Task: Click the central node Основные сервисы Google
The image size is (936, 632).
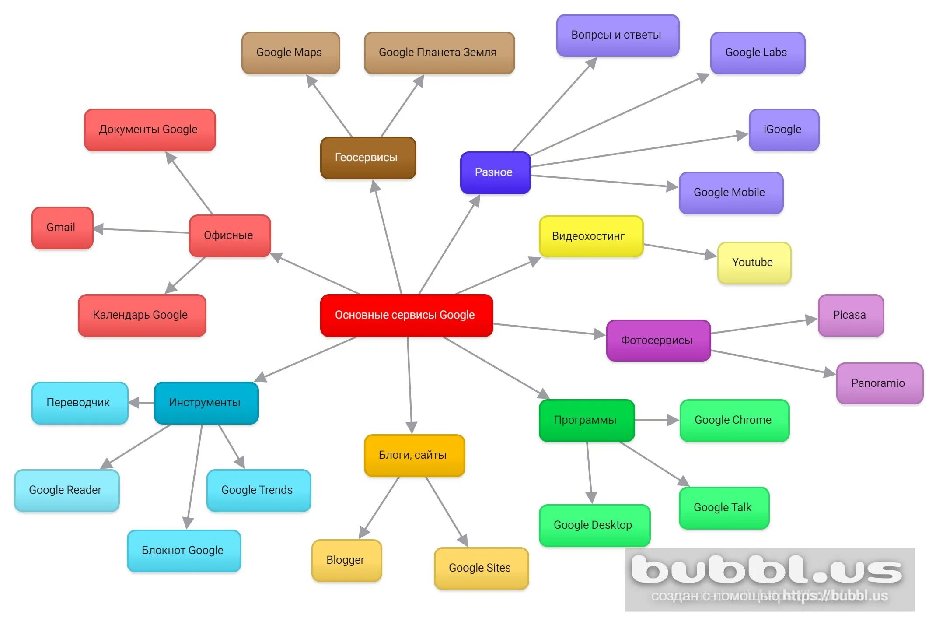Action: tap(406, 315)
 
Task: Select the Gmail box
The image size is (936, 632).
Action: tap(62, 228)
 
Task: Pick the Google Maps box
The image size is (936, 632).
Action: tap(290, 53)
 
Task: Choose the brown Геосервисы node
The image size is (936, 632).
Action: tap(368, 158)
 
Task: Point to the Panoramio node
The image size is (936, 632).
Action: tap(879, 383)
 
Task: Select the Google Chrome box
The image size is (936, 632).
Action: tap(734, 420)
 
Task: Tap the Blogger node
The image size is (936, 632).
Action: tap(346, 560)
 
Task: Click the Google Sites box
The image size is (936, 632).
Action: tap(481, 568)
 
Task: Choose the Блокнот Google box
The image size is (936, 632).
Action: tap(184, 551)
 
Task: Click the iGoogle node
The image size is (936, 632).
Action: tap(784, 130)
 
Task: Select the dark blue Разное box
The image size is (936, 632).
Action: tap(495, 172)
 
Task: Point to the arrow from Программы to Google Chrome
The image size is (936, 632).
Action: tap(656, 420)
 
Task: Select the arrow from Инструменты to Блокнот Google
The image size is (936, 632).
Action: tap(195, 477)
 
